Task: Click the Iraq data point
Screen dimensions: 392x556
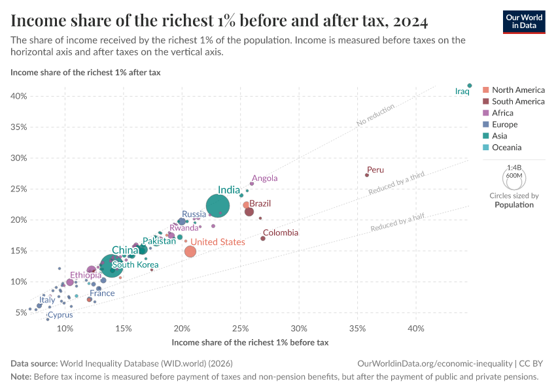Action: coord(470,85)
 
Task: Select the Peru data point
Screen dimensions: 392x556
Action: coord(367,175)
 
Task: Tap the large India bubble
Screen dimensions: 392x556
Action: coord(218,206)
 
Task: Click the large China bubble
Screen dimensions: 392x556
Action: coord(112,266)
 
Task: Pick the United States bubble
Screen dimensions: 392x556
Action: coord(190,252)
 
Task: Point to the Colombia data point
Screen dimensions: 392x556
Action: coord(263,238)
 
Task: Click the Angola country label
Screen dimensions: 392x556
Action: coord(265,178)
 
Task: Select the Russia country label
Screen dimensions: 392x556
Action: coord(194,214)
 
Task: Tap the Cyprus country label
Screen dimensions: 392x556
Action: coord(60,315)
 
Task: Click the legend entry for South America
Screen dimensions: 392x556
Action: coord(518,101)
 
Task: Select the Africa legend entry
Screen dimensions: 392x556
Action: coord(502,113)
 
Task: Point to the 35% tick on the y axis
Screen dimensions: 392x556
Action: coord(18,127)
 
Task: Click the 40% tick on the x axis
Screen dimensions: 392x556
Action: coord(416,328)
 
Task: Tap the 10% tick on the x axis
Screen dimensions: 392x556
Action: coord(65,328)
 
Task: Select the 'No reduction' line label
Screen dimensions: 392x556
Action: coord(375,114)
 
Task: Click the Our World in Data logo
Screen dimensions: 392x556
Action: coord(523,21)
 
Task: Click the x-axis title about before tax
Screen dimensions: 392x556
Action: coord(249,342)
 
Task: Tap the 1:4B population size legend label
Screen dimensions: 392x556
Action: coord(514,168)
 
